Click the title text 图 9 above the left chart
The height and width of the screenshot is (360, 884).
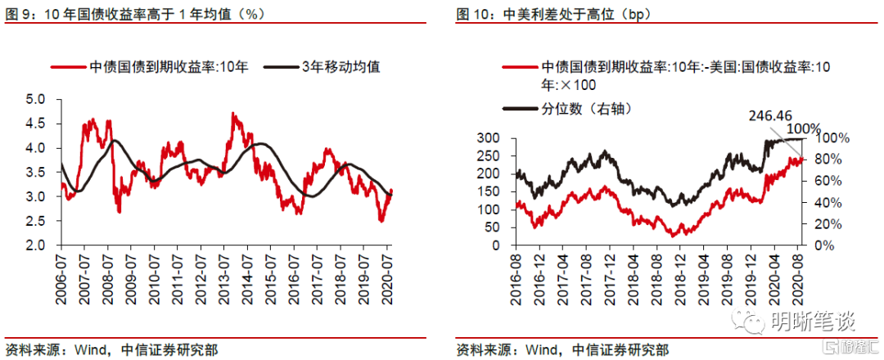(x=16, y=15)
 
